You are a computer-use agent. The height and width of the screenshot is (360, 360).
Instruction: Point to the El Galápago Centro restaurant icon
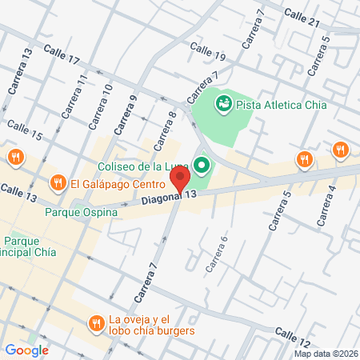tap(58, 184)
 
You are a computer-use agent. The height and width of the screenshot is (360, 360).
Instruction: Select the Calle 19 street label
tap(209, 54)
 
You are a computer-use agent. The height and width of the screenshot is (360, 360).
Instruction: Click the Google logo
tap(26, 350)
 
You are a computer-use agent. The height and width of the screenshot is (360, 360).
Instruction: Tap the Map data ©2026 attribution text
tap(326, 353)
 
